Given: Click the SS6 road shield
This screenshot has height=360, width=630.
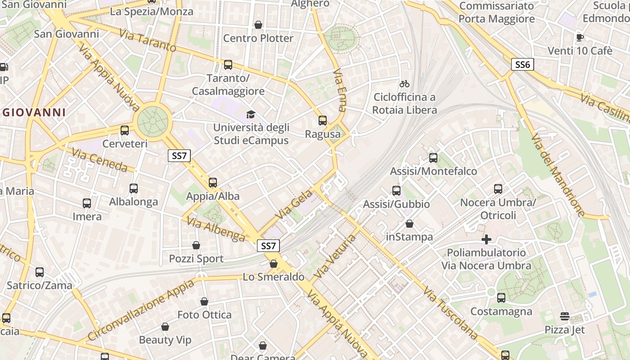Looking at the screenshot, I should click(522, 64).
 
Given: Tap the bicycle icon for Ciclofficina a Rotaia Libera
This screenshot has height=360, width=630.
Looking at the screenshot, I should click(404, 84).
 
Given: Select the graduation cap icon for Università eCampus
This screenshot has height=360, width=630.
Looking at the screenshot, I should click(251, 115).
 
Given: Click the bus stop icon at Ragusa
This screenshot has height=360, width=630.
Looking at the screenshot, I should click(323, 121).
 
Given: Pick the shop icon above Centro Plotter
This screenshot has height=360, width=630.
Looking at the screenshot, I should click(258, 25).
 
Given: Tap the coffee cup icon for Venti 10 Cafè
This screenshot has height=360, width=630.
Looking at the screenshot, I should click(580, 37).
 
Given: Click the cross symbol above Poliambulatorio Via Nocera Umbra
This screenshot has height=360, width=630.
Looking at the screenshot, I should click(486, 239).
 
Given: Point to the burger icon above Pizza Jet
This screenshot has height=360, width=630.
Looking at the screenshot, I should click(565, 317).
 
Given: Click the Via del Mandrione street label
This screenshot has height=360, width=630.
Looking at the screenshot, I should click(558, 175).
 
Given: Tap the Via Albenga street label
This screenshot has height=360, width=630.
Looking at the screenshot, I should click(216, 229).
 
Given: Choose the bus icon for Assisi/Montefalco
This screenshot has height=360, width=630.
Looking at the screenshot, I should click(433, 158).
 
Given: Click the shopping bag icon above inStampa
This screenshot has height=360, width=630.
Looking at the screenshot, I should click(409, 224).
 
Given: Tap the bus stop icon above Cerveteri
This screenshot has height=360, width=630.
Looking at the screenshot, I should click(125, 130).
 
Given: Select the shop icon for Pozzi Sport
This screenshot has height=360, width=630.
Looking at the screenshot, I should click(196, 245).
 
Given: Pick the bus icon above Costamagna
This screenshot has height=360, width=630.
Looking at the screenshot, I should click(501, 298).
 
